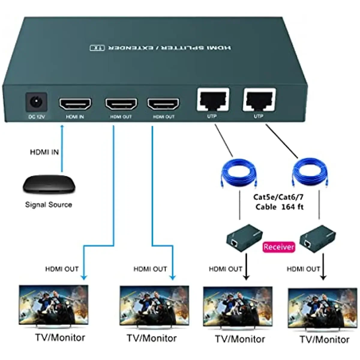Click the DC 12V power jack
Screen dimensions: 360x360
click(36, 103)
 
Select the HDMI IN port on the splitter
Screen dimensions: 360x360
click(75, 104)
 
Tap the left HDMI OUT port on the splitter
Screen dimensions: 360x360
click(121, 104)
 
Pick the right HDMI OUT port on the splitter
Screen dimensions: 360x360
click(163, 104)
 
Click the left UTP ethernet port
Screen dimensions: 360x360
click(213, 100)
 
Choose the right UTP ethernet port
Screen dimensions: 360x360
click(259, 100)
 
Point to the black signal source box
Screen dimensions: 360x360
click(49, 185)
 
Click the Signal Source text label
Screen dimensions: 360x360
click(49, 205)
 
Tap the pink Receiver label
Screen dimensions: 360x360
click(279, 247)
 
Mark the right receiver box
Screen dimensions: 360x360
click(318, 238)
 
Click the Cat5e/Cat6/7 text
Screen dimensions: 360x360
click(278, 197)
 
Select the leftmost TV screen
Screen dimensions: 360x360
click(54, 304)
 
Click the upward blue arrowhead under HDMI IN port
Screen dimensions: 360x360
click(62, 127)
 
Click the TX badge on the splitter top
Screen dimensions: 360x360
click(97, 48)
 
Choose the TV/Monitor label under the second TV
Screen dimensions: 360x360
click(152, 338)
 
